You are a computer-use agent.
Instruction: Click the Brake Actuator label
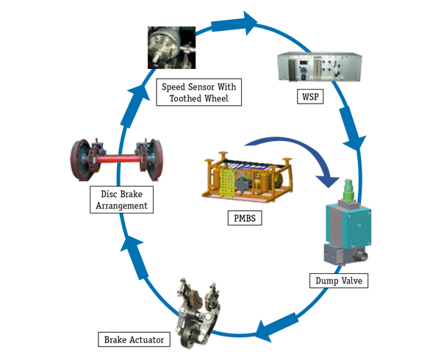pos(132,339)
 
